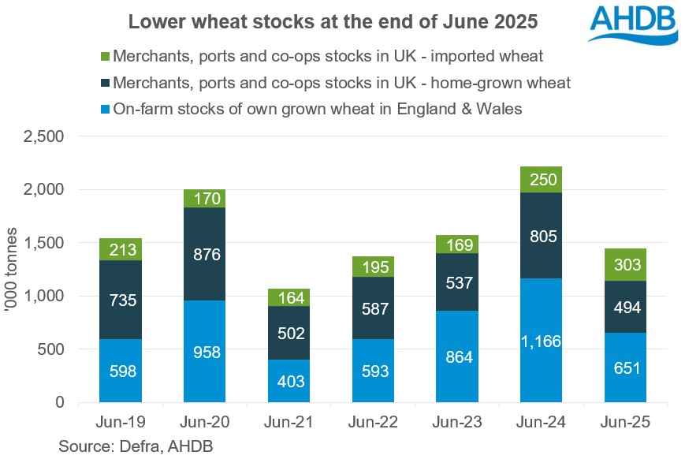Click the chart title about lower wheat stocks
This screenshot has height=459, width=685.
pyautogui.click(x=333, y=23)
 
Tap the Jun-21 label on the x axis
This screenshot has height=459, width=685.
pyautogui.click(x=289, y=422)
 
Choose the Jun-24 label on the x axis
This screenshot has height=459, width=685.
pyautogui.click(x=541, y=422)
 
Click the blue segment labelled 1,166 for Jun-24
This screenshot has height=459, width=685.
pyautogui.click(x=541, y=340)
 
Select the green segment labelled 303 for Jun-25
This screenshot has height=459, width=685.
pyautogui.click(x=625, y=264)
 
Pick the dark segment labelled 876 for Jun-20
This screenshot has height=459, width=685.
pyautogui.click(x=204, y=254)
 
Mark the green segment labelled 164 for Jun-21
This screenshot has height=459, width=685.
pyautogui.click(x=289, y=297)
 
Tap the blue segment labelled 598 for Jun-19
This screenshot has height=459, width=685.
pyautogui.click(x=121, y=371)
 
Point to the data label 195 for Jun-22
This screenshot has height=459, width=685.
pyautogui.click(x=373, y=267)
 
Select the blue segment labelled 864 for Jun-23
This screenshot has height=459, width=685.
pyautogui.click(x=456, y=356)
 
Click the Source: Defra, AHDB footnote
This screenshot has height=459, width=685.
pyautogui.click(x=136, y=446)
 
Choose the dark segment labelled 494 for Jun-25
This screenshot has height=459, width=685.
pyautogui.click(x=625, y=307)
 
